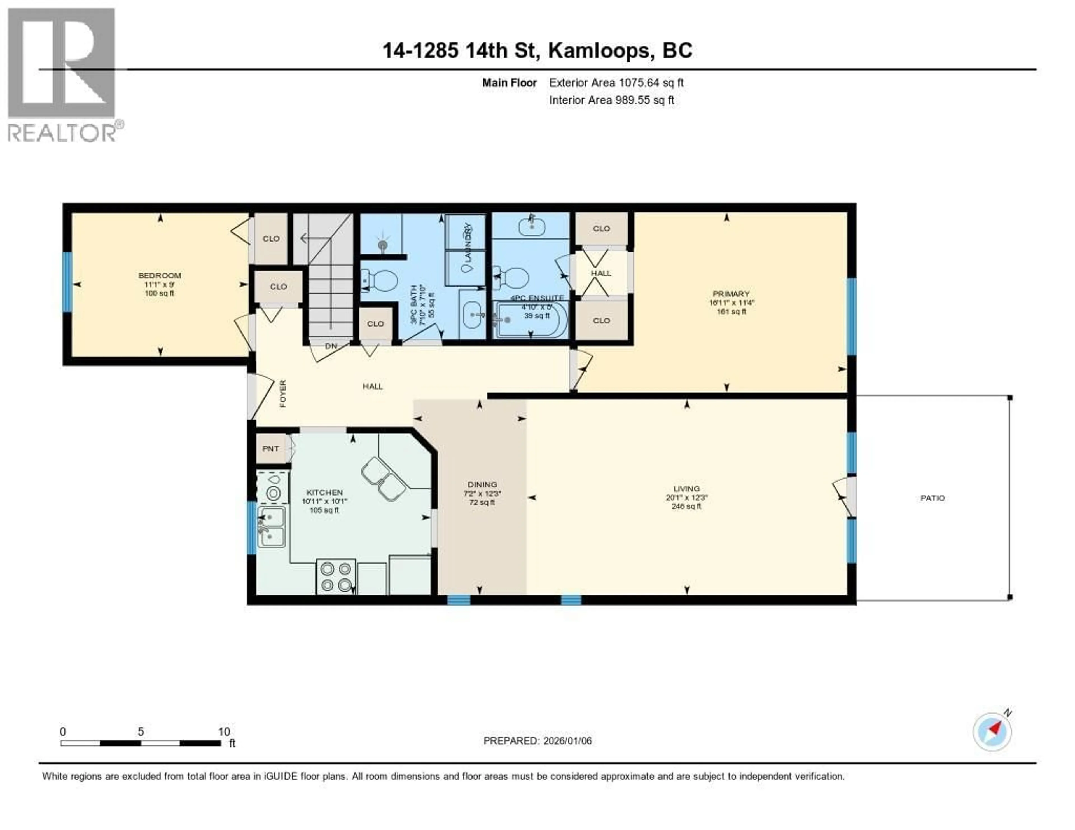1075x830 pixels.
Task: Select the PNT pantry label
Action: pyautogui.click(x=270, y=449)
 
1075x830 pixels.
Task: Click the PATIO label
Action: pyautogui.click(x=932, y=498)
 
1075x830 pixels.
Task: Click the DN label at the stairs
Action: pyautogui.click(x=331, y=346)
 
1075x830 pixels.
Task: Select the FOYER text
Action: pyautogui.click(x=282, y=394)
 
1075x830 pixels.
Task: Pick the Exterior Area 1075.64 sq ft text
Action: pyautogui.click(x=616, y=83)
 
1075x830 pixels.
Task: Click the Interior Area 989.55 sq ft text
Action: pyautogui.click(x=611, y=100)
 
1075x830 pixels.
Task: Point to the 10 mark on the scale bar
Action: pyautogui.click(x=224, y=731)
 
